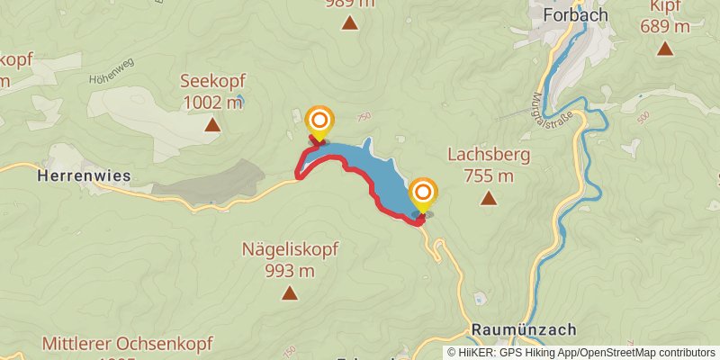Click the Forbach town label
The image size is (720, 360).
[x=576, y=15]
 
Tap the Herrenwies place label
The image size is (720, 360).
[x=84, y=175]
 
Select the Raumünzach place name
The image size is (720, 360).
[x=523, y=329]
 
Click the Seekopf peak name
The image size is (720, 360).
[x=212, y=81]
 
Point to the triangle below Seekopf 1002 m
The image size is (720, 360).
[x=212, y=125]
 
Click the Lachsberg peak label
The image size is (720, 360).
[x=489, y=155]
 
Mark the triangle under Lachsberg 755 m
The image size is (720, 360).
[x=489, y=198]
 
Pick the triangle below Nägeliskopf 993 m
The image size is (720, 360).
[x=290, y=292]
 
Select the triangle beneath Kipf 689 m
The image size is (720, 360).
[x=665, y=49]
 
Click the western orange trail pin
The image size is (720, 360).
[x=319, y=121]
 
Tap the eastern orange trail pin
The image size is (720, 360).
[x=423, y=193]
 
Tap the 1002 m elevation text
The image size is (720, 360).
[x=213, y=102]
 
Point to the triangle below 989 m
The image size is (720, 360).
[x=349, y=22]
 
